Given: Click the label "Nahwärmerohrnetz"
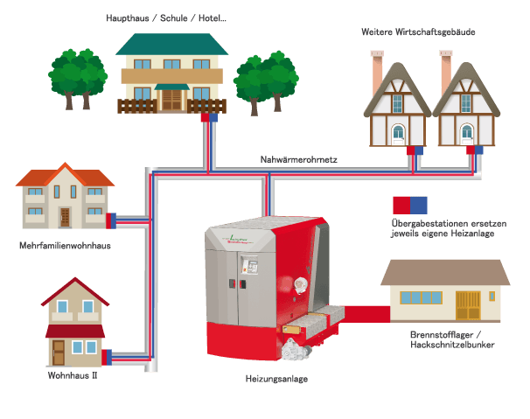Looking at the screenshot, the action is [x=298, y=159].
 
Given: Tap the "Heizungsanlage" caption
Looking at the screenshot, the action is [x=276, y=379].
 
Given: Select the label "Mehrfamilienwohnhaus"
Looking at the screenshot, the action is [x=65, y=246].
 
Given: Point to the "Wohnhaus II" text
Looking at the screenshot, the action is [x=73, y=375].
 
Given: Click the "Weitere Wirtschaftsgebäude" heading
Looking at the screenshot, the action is [x=418, y=32].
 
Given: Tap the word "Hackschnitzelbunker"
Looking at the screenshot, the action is [x=452, y=345].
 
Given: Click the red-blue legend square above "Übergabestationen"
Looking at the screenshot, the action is [x=410, y=206].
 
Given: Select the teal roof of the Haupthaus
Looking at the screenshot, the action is [x=172, y=44].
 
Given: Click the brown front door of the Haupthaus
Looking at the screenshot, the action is [x=171, y=100].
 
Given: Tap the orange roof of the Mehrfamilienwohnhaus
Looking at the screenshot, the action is [x=65, y=175].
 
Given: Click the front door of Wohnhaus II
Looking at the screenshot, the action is [x=59, y=353].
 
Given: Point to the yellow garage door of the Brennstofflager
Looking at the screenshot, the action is [x=468, y=305].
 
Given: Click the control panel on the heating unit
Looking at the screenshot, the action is [x=250, y=265].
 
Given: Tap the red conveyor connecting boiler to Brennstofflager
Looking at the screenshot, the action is [x=367, y=314].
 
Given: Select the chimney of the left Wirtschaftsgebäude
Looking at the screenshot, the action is [x=377, y=73].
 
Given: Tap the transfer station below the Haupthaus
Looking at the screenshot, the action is [x=209, y=117].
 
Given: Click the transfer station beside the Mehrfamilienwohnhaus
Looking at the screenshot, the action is [x=111, y=220].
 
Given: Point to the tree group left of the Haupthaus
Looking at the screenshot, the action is [x=78, y=79].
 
